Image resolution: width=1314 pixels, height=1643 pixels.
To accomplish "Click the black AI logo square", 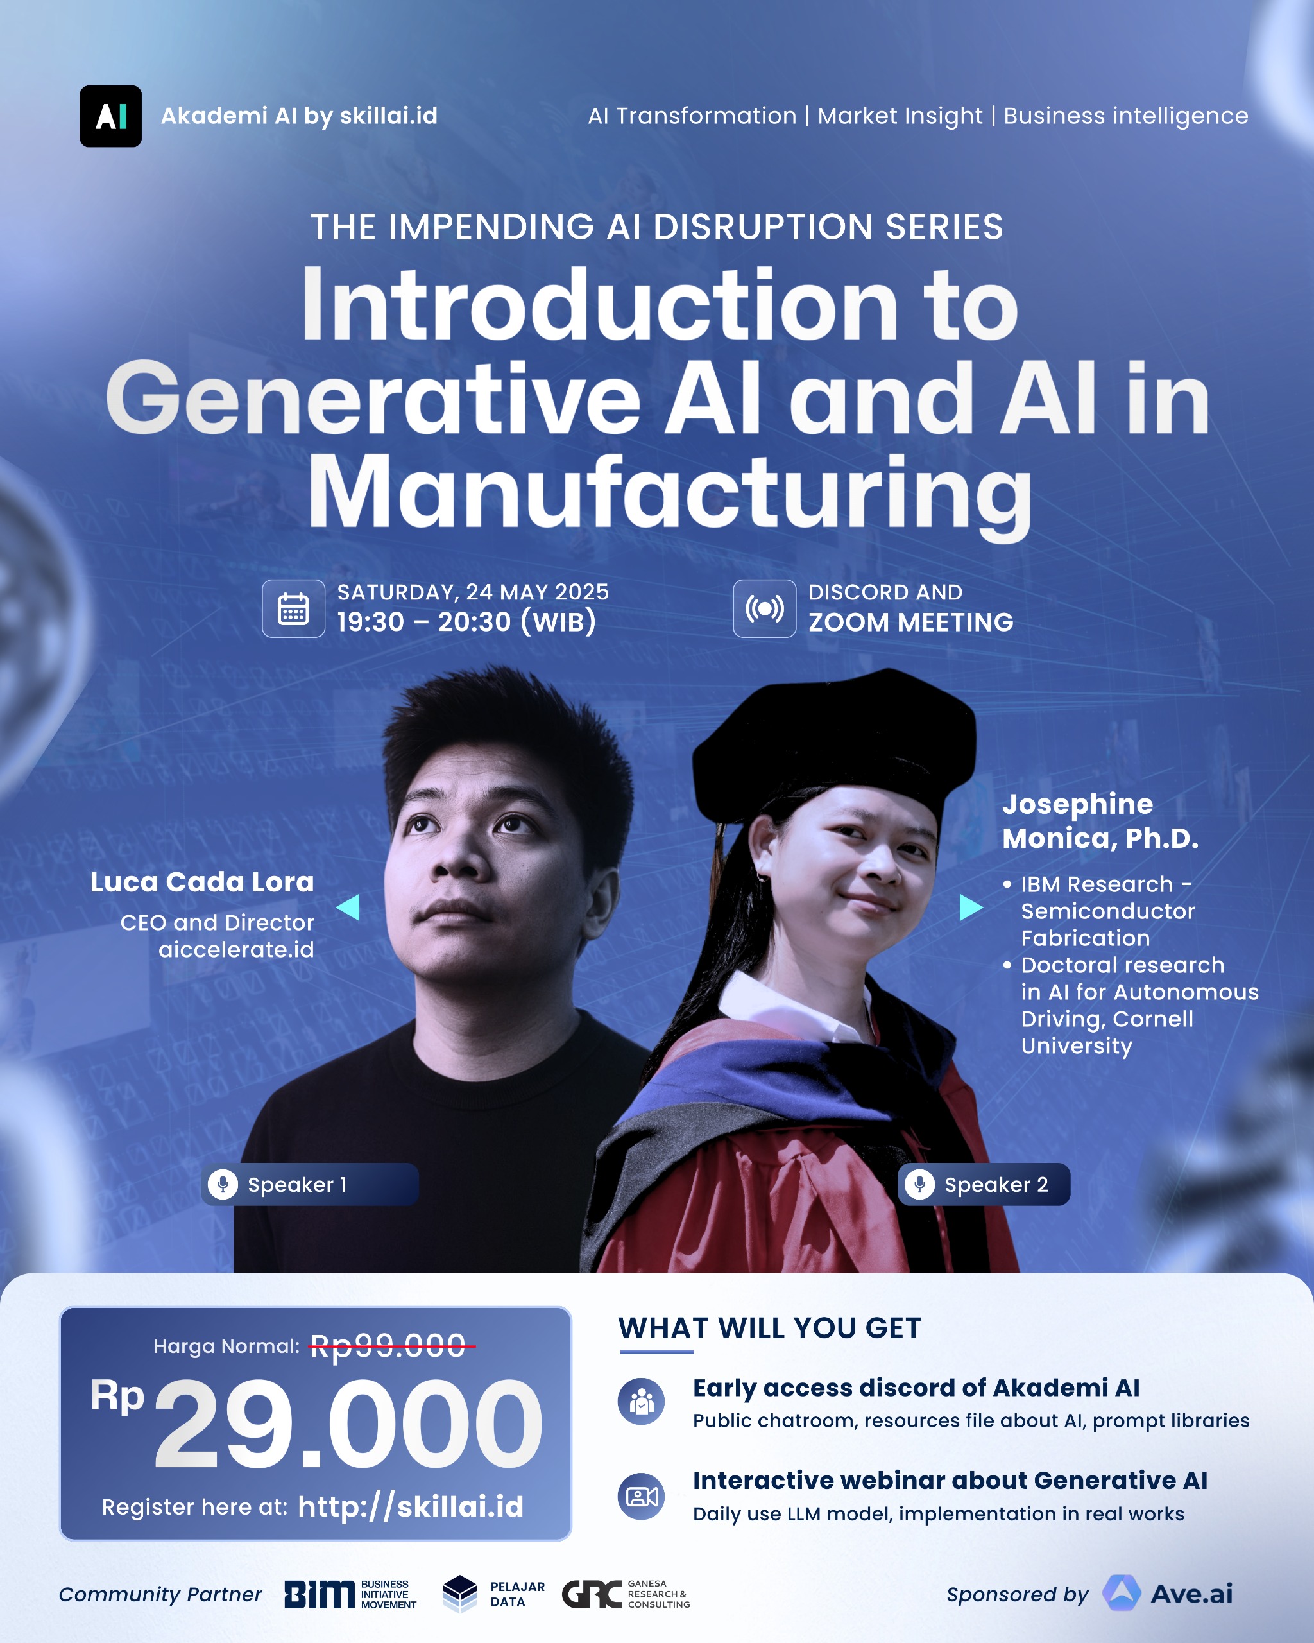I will tap(110, 116).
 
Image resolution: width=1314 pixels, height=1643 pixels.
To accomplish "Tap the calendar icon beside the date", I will tap(293, 608).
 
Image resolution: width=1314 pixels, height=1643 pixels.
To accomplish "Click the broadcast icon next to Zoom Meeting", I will tap(764, 608).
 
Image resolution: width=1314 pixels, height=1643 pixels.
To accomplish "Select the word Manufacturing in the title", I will tap(669, 492).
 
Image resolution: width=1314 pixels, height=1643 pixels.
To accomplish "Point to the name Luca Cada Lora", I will tap(202, 882).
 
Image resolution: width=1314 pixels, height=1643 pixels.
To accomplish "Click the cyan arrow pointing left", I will tap(349, 907).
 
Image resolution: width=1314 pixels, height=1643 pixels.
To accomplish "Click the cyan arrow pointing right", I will tap(969, 907).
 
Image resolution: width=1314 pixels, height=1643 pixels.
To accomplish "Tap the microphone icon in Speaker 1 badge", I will tap(223, 1184).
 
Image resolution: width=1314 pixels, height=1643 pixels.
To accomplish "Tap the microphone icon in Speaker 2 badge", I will tap(919, 1184).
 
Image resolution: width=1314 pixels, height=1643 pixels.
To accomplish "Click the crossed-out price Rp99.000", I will tap(388, 1346).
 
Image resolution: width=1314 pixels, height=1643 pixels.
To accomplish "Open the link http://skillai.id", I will tap(411, 1506).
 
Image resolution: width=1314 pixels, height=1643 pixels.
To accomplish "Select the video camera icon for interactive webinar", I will tap(642, 1496).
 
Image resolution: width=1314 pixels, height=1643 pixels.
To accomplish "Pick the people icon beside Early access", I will tap(642, 1400).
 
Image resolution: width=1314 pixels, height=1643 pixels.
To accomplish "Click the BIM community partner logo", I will tap(320, 1594).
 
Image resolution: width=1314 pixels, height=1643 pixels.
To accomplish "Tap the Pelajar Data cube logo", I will tap(460, 1594).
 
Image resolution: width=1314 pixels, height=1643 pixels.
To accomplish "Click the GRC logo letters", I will tap(592, 1594).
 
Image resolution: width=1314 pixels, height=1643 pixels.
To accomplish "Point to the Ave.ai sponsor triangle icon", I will tap(1122, 1593).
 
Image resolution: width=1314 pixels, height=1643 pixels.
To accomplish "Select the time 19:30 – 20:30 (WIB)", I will tap(466, 622).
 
